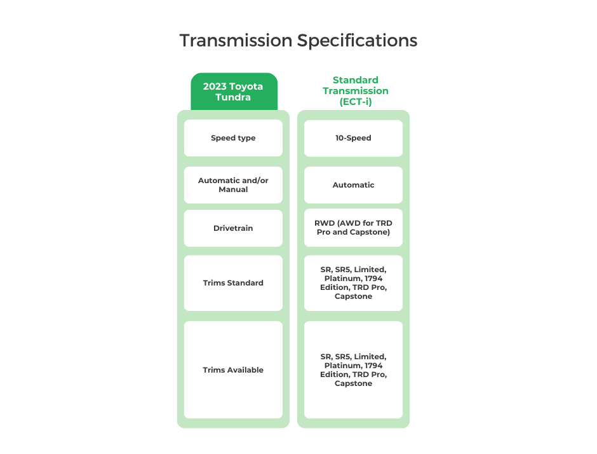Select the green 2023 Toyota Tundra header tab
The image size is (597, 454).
point(233,92)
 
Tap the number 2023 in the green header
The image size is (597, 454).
point(215,86)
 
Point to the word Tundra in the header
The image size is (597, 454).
point(233,97)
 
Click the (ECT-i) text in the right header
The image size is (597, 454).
point(355,101)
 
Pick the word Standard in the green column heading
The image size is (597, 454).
point(355,80)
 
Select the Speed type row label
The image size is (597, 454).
point(233,138)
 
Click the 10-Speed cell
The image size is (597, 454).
point(353,138)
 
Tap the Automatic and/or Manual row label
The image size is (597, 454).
point(233,185)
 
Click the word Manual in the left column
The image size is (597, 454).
point(233,189)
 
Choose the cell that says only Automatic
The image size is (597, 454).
point(353,185)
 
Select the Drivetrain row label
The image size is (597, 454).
point(233,228)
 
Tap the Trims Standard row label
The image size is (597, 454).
point(233,283)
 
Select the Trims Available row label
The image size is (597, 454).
point(233,370)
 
